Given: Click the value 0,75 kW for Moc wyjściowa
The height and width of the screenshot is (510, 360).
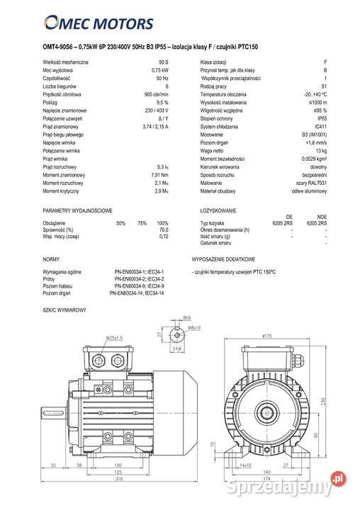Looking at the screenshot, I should click(x=159, y=71).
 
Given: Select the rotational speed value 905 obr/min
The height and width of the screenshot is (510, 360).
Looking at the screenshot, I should click(x=155, y=94).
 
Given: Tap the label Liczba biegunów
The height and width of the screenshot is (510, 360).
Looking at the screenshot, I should click(x=61, y=86).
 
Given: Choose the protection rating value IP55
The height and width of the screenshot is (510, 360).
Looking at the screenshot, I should click(x=322, y=118).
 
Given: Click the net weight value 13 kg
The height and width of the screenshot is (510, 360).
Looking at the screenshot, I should click(x=321, y=151).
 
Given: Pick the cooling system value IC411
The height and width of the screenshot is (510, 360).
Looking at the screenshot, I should click(x=321, y=126).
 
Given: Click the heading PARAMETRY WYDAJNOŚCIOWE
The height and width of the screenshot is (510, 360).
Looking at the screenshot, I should click(x=77, y=211).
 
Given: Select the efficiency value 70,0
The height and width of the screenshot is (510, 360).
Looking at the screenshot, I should click(x=163, y=229).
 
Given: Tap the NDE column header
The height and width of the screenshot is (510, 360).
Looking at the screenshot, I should click(x=322, y=217).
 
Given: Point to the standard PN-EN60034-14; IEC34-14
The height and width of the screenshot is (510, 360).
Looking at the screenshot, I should click(x=137, y=293).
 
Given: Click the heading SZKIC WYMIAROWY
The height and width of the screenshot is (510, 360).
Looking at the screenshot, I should click(x=64, y=311).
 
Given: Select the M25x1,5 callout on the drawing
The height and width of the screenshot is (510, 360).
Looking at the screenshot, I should click(x=115, y=337).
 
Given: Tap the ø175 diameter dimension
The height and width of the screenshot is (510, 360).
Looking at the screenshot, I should click(x=266, y=335).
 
